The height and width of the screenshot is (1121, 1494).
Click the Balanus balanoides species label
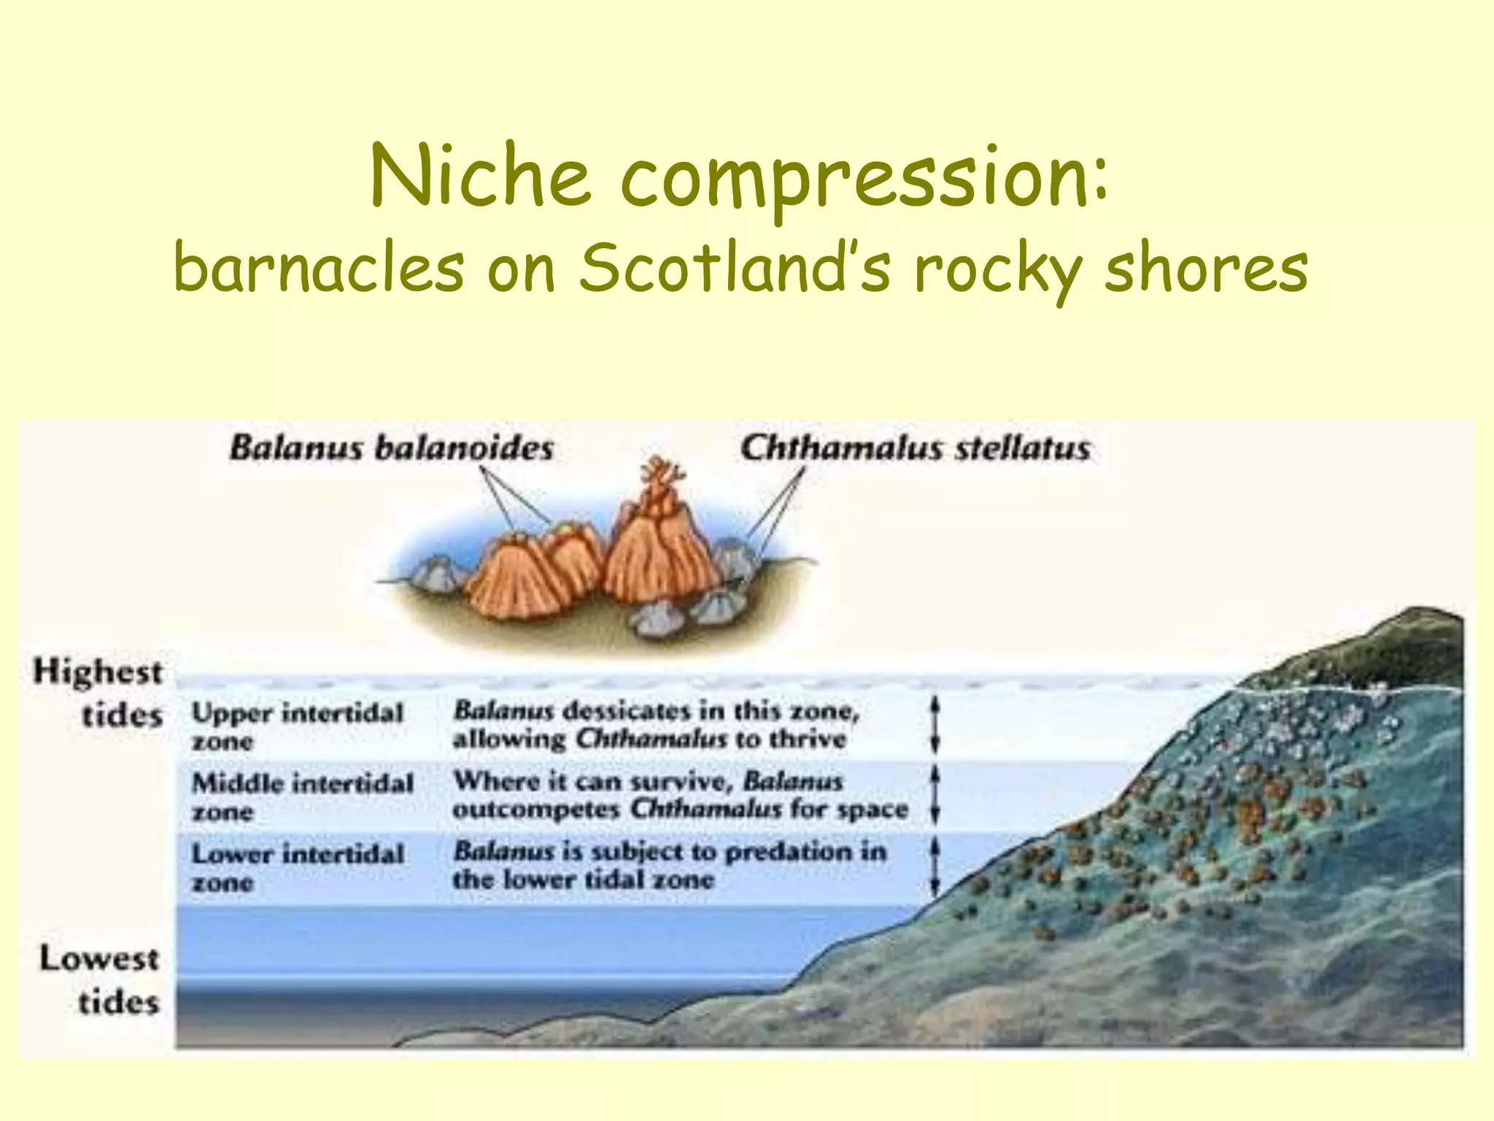tap(392, 448)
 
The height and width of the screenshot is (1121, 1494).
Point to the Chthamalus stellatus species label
tap(916, 448)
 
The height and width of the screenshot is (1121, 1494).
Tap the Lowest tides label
tap(100, 979)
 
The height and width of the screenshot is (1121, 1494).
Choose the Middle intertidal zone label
tap(302, 796)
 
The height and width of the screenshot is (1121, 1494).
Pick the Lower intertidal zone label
tap(297, 867)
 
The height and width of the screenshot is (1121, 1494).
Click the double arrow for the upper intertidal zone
tap(936, 724)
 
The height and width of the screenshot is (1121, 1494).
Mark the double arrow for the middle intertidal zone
tap(936, 794)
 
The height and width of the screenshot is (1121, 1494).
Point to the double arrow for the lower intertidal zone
tap(936, 867)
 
